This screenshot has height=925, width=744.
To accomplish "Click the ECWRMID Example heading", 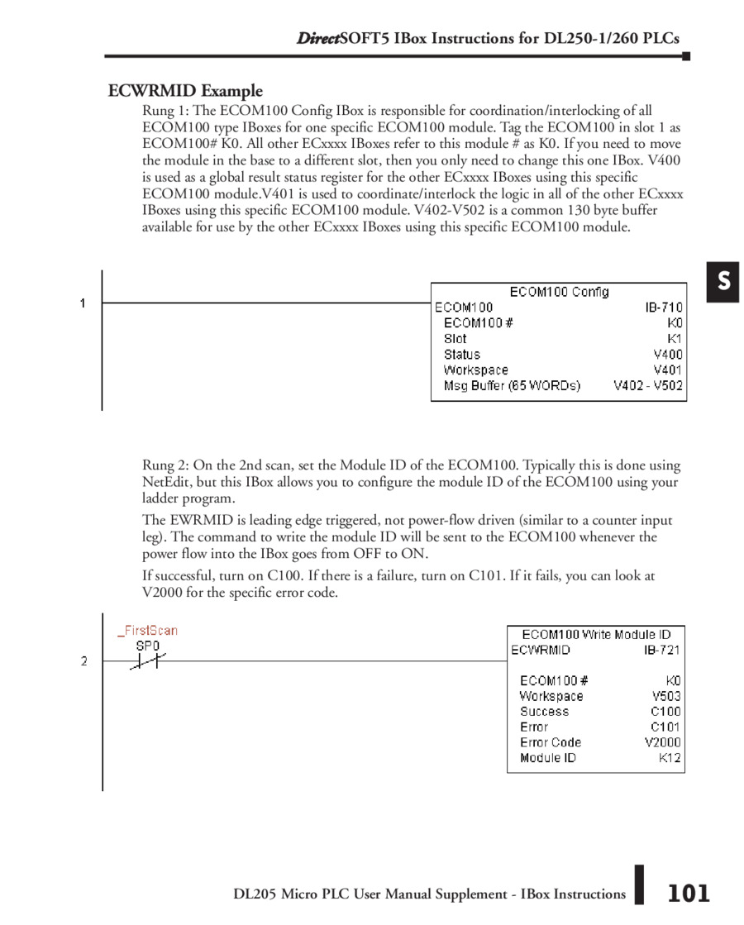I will click(185, 91).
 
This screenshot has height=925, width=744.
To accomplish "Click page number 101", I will click(688, 893).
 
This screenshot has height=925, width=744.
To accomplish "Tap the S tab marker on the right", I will click(723, 282).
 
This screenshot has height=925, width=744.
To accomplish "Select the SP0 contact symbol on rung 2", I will click(148, 660).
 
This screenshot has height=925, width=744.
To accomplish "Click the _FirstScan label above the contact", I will click(148, 630).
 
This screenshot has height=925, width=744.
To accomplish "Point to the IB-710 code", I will click(664, 308).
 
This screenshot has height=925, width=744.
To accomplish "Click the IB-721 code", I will click(663, 650).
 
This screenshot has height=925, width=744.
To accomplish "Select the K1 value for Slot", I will click(675, 339).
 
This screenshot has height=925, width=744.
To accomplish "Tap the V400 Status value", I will click(668, 355).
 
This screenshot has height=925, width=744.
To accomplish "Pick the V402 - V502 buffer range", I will click(648, 385).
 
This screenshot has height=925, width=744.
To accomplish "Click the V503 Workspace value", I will click(666, 696).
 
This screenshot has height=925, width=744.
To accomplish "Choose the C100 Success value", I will click(665, 711).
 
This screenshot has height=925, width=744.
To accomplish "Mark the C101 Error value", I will click(665, 727).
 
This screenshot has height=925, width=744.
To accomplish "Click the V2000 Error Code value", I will click(663, 742).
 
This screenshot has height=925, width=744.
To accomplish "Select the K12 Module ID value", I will click(670, 757).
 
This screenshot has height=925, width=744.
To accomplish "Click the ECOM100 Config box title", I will click(559, 292).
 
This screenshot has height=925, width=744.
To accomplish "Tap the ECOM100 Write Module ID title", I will click(596, 634).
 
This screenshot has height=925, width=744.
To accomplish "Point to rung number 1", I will click(83, 303).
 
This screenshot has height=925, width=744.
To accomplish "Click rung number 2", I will click(83, 660).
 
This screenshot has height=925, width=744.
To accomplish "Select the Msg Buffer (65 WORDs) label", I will click(512, 385).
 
